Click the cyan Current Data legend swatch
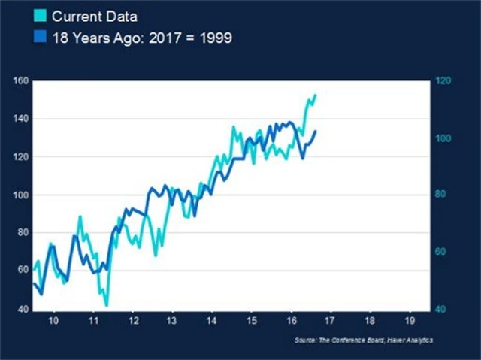[38, 14]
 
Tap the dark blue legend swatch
[38, 38]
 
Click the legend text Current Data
[94, 14]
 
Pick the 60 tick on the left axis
[23, 271]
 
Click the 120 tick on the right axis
[443, 80]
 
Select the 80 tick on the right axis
[441, 195]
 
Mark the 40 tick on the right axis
[441, 310]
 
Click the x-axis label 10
[53, 321]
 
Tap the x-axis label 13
[171, 321]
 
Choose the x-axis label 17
[329, 321]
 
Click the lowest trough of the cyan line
[107, 305]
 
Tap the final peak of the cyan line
[315, 95]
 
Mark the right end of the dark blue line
[316, 131]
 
